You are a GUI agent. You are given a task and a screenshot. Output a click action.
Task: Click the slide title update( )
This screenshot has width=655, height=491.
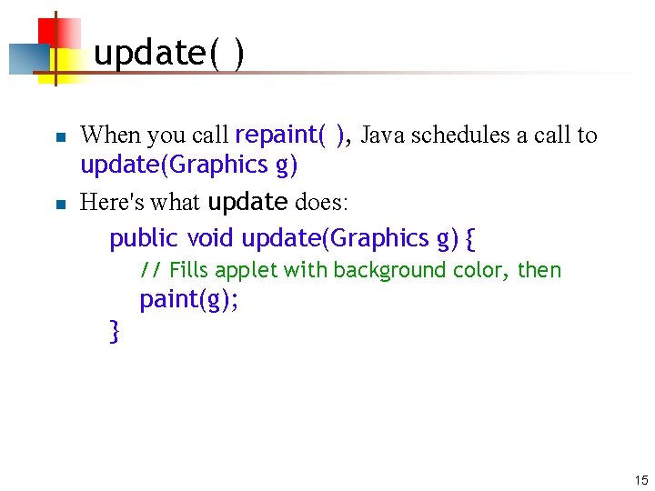coord(168,54)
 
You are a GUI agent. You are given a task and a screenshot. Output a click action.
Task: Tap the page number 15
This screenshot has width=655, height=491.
coord(640,480)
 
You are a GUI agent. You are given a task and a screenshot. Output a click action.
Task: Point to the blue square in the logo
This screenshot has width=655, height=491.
coord(27,58)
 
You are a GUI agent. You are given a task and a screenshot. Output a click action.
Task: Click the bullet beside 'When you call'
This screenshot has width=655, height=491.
coord(59,137)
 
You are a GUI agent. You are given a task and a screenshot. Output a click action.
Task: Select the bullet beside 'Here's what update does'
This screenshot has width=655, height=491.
coord(59,204)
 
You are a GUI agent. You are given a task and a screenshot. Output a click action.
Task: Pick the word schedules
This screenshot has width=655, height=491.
coord(460,135)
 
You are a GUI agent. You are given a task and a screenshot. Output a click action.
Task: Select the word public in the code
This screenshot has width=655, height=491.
coord(144,238)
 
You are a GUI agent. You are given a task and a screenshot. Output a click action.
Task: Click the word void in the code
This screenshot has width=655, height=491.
coord(211,238)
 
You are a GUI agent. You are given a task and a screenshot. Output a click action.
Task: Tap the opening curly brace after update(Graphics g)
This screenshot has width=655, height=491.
coord(469,239)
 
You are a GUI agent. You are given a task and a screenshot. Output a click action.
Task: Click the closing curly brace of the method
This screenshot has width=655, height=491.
coord(114,331)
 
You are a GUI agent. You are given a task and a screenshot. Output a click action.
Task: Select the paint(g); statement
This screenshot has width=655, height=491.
coord(189,300)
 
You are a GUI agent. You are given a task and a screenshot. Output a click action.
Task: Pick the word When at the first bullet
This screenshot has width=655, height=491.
coord(110,135)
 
